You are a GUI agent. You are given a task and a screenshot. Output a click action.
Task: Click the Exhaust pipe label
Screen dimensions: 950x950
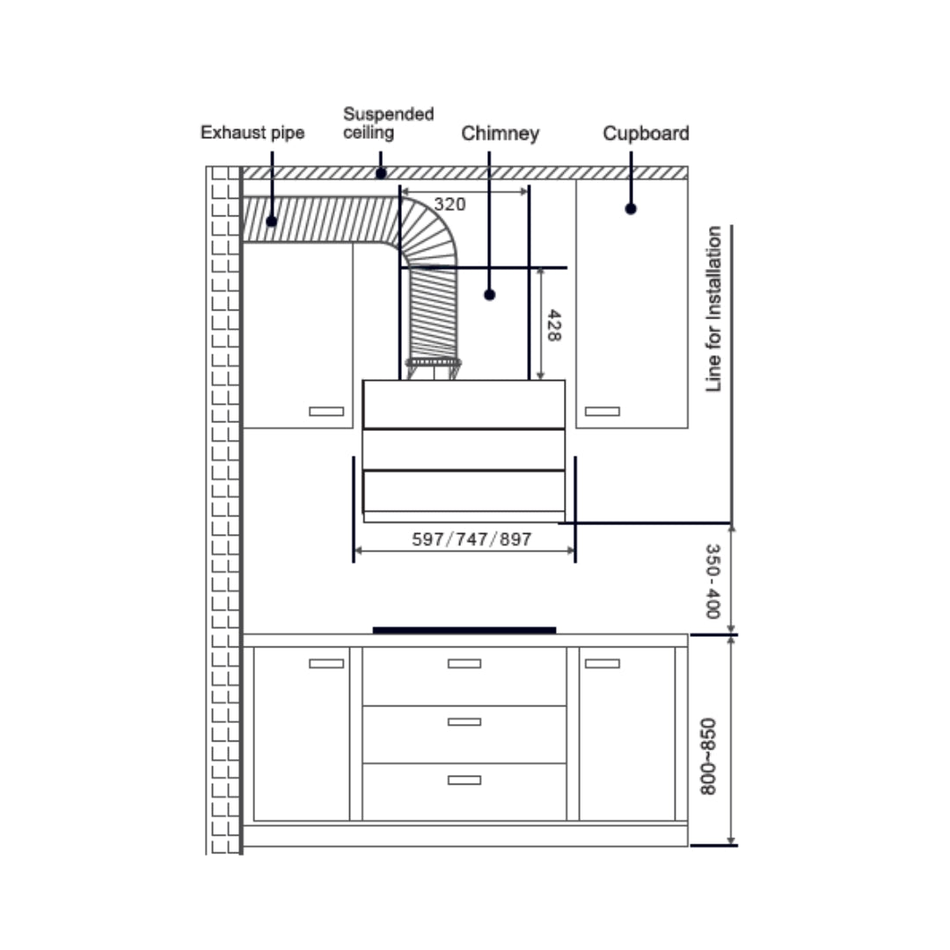[252, 133]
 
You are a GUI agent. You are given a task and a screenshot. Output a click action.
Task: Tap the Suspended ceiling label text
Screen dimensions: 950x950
[388, 123]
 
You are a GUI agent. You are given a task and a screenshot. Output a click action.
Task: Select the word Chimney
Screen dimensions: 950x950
[500, 134]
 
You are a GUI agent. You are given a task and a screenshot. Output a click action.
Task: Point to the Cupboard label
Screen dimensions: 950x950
[646, 134]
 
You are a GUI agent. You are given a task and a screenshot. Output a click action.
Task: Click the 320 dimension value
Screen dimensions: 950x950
[449, 204]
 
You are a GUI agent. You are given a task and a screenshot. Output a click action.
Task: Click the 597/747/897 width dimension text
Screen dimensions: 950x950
[471, 539]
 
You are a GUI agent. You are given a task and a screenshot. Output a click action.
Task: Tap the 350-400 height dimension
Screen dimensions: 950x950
[713, 581]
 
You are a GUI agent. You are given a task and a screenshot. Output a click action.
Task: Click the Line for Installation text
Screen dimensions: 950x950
[713, 309]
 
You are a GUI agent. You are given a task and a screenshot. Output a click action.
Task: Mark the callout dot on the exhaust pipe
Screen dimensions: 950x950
[272, 222]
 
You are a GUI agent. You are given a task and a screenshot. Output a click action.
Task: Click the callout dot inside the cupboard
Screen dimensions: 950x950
[631, 208]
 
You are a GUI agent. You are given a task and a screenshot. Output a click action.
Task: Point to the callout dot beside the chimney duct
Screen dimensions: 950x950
[490, 295]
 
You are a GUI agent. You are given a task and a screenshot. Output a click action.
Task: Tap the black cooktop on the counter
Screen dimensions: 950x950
[464, 630]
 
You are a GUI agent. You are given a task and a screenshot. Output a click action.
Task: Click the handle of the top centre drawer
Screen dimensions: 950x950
[464, 663]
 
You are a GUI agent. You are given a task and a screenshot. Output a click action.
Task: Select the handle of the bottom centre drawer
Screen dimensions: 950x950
[464, 779]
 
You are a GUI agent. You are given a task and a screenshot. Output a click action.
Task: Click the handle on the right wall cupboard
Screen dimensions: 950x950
[603, 411]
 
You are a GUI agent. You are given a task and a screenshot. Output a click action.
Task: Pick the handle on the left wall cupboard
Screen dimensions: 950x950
[326, 411]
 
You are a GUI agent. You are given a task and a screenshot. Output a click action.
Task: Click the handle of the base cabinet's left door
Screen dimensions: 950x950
[326, 663]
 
